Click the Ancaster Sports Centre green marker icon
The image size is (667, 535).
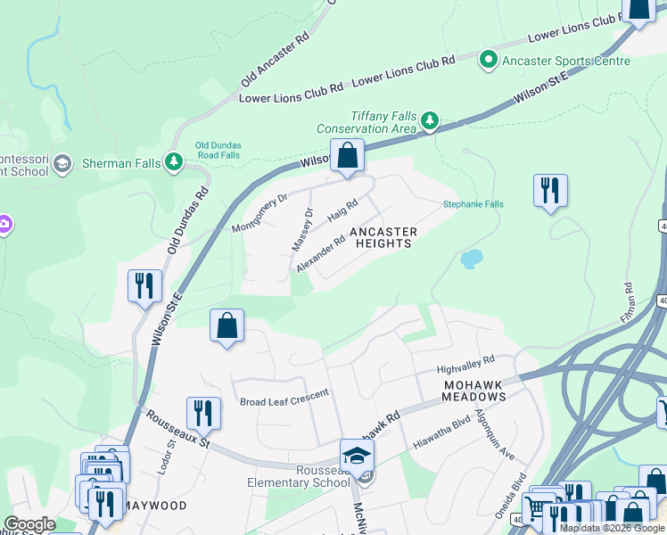tap(489, 61)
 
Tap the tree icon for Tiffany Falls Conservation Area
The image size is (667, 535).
tap(430, 119)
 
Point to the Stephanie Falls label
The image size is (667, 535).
tap(473, 204)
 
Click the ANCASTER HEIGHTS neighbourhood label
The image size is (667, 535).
tap(383, 237)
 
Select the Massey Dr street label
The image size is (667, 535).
tap(302, 229)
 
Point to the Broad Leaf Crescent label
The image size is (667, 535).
tap(284, 393)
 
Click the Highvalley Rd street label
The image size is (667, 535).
tap(465, 364)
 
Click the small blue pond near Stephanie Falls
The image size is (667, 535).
tap(471, 259)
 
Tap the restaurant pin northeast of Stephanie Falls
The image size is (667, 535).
tap(550, 191)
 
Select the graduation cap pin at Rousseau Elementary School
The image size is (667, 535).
tap(357, 456)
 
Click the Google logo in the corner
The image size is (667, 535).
tap(29, 525)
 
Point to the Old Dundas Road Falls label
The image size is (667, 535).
tap(218, 150)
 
